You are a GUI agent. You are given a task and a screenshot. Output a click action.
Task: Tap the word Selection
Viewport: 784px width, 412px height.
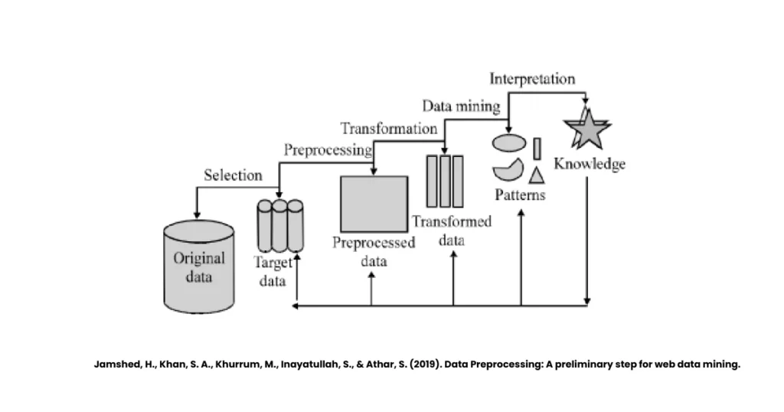[233, 175]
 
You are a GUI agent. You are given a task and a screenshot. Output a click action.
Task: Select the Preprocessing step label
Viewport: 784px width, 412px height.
[328, 149]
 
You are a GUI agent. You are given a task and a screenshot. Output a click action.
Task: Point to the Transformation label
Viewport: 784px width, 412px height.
[389, 129]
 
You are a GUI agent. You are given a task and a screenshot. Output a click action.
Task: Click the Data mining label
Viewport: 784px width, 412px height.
[462, 106]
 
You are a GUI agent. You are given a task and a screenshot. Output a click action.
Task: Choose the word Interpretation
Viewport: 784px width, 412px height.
[532, 79]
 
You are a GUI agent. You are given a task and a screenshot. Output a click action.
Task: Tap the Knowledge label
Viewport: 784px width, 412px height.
[590, 164]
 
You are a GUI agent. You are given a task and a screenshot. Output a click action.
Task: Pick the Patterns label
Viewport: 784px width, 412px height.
[520, 195]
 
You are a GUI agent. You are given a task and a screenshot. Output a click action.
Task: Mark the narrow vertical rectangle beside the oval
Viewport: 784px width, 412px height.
[537, 148]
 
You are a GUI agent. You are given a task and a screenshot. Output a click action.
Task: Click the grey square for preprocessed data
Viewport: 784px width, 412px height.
[374, 203]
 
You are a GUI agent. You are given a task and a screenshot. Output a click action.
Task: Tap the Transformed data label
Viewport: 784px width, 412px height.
[452, 230]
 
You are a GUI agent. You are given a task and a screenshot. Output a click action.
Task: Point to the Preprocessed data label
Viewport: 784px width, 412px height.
[374, 252]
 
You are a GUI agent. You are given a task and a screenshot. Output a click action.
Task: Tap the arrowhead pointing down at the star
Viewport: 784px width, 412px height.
[586, 101]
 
